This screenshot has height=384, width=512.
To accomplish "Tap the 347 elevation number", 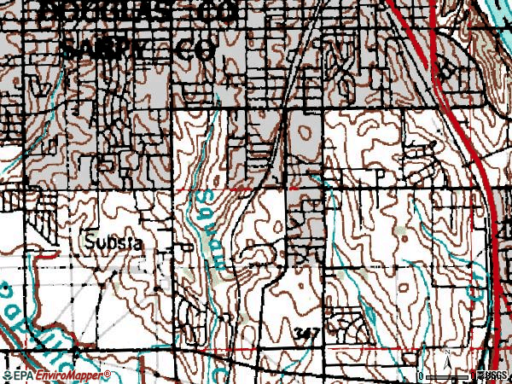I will click(309, 331).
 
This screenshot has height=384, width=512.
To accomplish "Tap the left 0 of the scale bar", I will click(422, 376).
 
